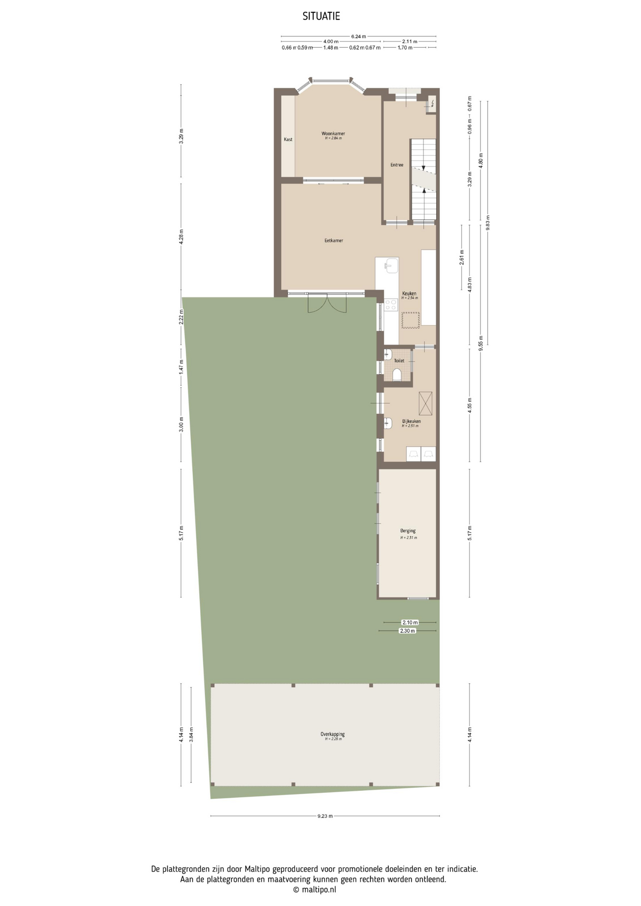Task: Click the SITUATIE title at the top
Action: (321, 17)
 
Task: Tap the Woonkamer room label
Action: (333, 134)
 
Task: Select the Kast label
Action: (288, 139)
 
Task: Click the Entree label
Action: (397, 165)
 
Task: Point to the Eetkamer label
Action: (334, 241)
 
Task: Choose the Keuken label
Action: (409, 294)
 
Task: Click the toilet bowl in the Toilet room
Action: (397, 374)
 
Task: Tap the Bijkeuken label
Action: (412, 421)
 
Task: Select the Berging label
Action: (408, 531)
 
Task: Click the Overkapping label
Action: (333, 734)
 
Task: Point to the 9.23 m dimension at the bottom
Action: (325, 816)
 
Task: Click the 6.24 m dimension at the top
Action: (358, 36)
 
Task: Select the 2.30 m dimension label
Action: (407, 631)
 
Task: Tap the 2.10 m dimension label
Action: (410, 622)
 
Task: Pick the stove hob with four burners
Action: (391, 305)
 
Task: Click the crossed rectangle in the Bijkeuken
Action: (425, 403)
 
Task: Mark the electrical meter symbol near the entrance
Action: (431, 103)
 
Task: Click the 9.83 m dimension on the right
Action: (488, 222)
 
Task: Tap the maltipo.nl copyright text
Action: (315, 889)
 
